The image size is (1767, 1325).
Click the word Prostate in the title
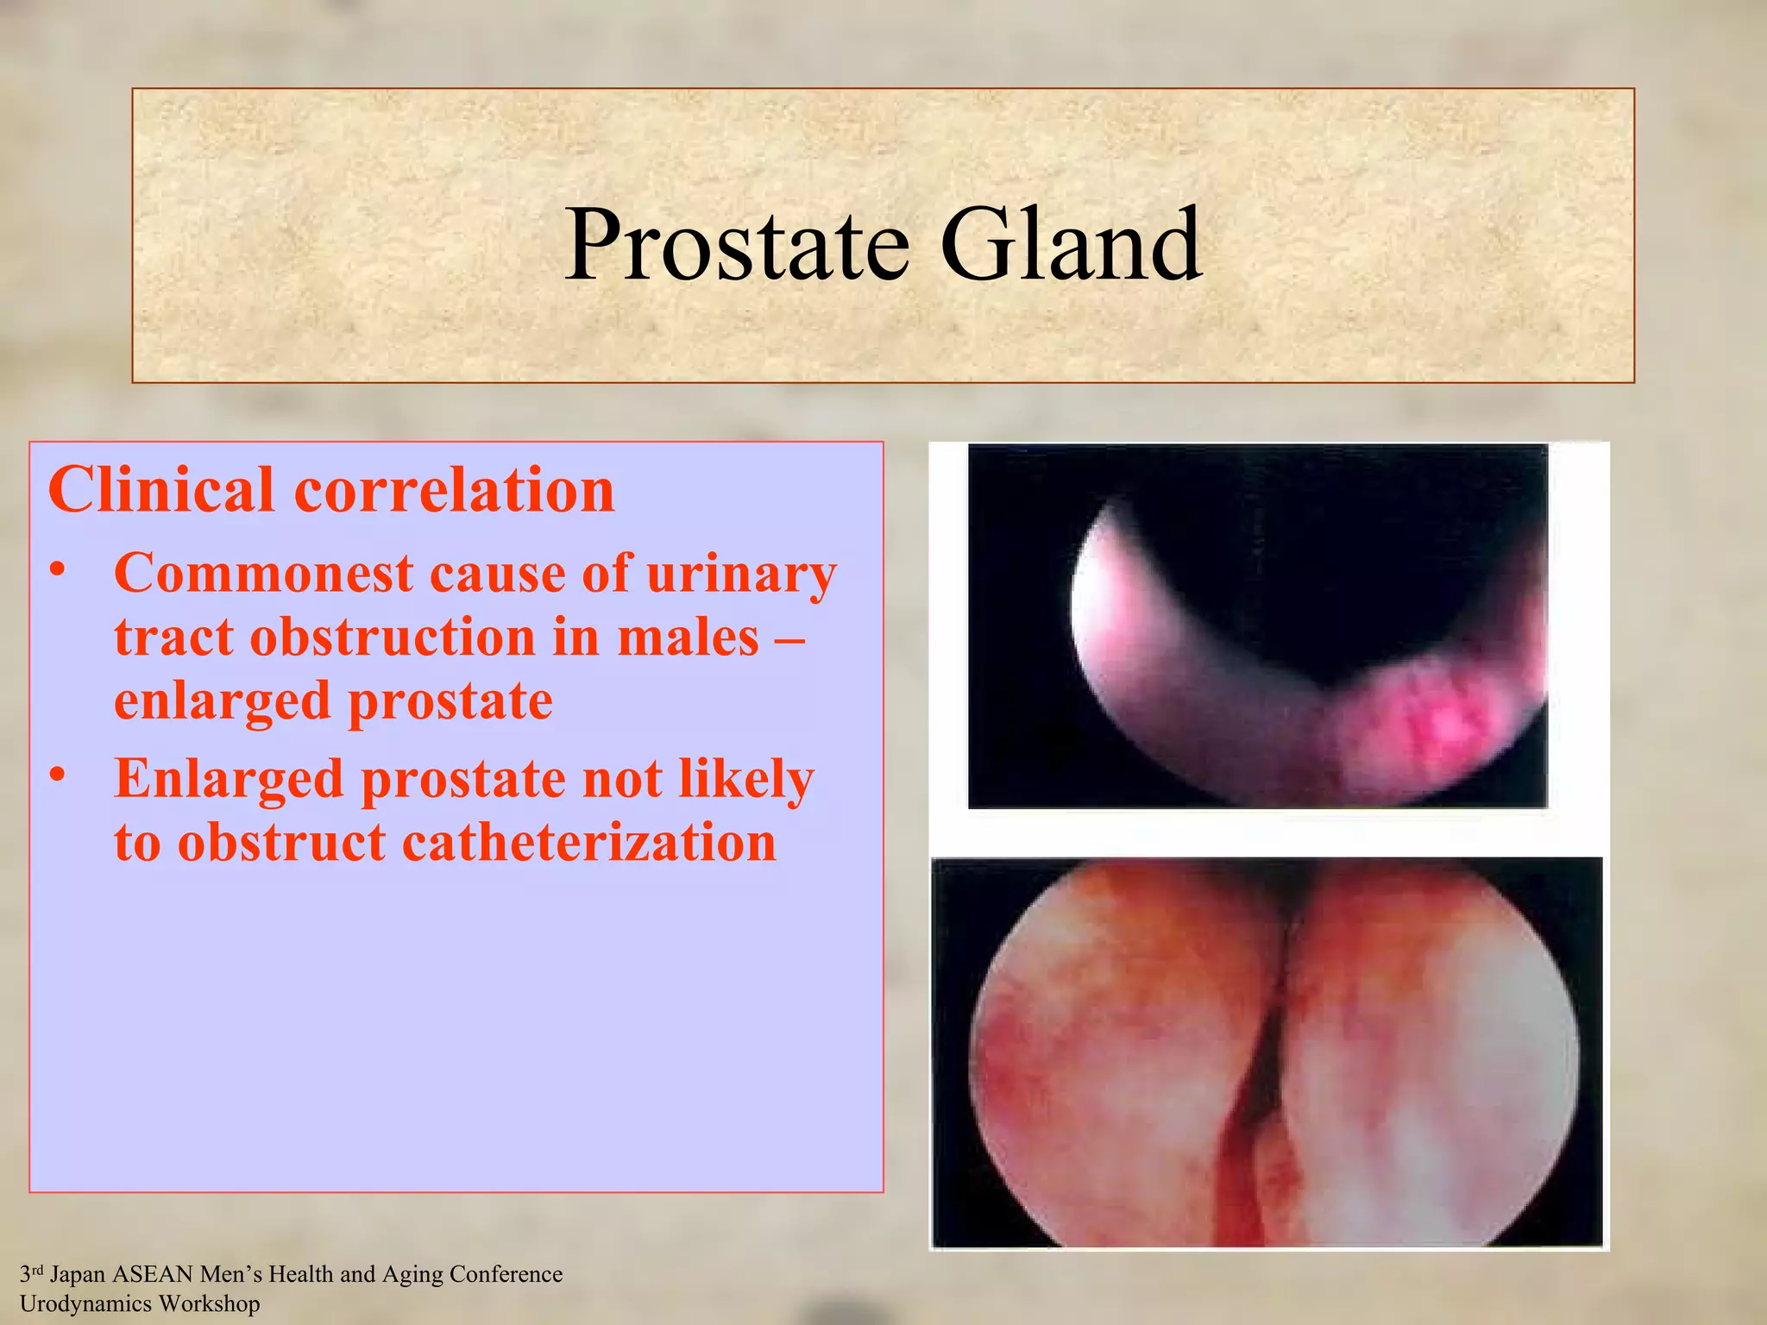(x=738, y=246)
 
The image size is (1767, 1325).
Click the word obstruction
(x=393, y=637)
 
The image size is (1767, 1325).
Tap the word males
(x=688, y=637)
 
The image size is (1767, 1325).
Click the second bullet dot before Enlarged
(x=58, y=776)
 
